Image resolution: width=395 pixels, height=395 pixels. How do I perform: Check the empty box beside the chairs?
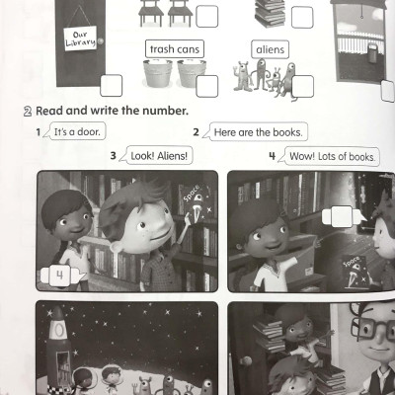[x=207, y=16]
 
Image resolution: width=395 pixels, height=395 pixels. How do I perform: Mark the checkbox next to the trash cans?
[x=207, y=86]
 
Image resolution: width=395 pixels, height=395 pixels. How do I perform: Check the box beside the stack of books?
[x=301, y=16]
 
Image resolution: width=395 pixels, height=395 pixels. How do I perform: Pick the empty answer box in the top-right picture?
[x=341, y=216]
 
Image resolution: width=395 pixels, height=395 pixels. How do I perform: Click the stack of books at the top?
[x=268, y=12]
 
